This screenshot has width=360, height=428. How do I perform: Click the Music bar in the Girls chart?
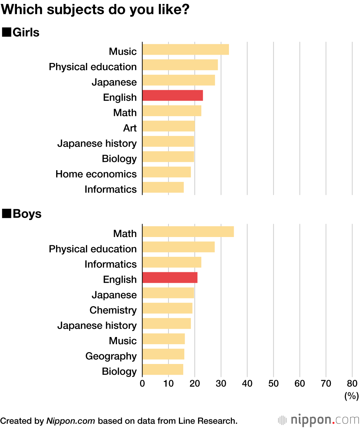tap(185, 49)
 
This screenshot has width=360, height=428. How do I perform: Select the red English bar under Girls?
tap(172, 96)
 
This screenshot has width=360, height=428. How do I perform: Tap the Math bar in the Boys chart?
tap(188, 232)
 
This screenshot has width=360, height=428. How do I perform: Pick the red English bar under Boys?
tap(170, 278)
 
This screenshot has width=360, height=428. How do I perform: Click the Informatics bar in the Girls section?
tap(163, 187)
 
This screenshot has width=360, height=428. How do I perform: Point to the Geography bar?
tap(163, 354)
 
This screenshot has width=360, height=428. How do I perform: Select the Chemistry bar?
tap(167, 308)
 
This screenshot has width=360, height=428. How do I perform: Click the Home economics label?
tap(96, 174)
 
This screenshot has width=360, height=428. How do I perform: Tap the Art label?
tap(130, 128)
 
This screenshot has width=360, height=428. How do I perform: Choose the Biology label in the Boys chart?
tap(119, 371)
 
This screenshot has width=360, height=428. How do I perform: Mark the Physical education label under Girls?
tap(93, 67)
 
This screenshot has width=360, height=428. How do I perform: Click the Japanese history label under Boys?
tap(97, 325)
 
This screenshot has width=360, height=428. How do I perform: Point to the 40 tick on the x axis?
tap(247, 383)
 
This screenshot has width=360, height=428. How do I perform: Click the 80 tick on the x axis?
tap(352, 383)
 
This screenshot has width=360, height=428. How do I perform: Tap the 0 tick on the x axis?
tap(143, 383)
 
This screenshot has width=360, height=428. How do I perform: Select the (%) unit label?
tap(351, 396)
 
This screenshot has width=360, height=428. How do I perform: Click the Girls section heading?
tap(25, 32)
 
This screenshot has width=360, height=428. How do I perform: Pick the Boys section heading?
tap(27, 214)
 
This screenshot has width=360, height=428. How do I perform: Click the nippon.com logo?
tap(318, 420)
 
